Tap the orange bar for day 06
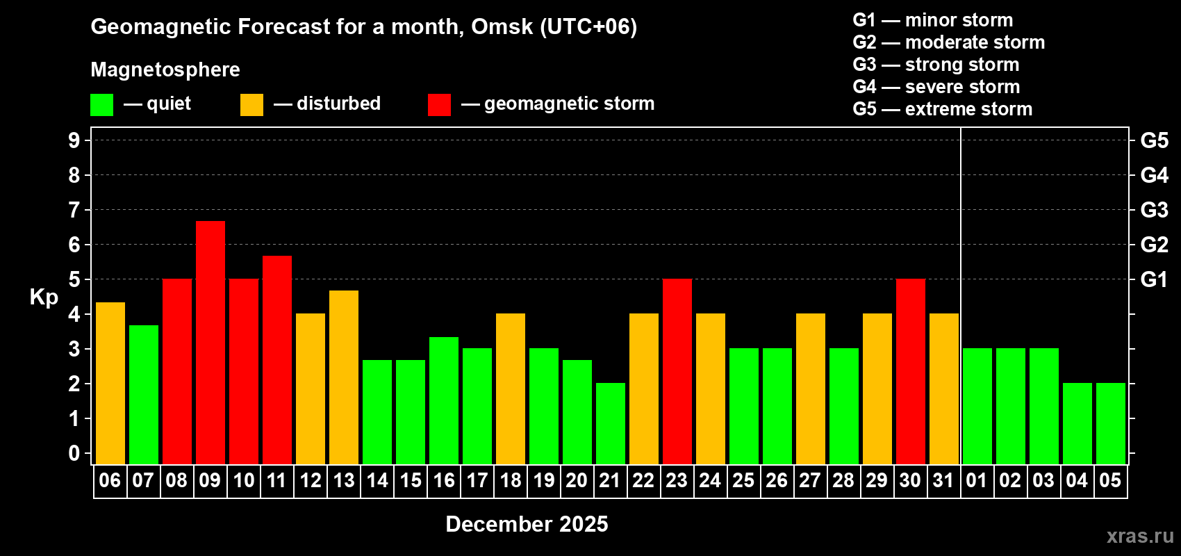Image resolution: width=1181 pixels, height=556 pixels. click(110, 383)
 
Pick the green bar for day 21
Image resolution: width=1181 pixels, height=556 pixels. click(610, 423)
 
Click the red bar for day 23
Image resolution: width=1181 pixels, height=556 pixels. click(677, 371)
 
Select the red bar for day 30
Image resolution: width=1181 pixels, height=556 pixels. click(910, 371)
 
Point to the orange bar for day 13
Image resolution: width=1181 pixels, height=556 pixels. click(343, 377)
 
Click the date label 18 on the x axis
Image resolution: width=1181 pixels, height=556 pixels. click(511, 480)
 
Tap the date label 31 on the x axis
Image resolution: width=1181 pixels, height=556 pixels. click(943, 480)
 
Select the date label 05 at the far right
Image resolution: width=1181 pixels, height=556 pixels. click(1110, 480)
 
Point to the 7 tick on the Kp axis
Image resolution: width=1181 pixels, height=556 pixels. click(74, 210)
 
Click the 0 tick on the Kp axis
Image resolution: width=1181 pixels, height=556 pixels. click(74, 453)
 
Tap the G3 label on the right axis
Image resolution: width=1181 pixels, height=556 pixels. click(1154, 210)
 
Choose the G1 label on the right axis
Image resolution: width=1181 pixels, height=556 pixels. click(1154, 279)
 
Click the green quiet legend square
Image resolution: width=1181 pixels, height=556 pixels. click(101, 105)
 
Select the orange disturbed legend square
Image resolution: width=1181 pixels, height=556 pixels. click(251, 105)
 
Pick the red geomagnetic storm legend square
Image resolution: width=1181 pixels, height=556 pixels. click(439, 105)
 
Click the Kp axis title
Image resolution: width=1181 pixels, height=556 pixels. click(44, 297)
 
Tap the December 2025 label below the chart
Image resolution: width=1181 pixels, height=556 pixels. click(527, 524)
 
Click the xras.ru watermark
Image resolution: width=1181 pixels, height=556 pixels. click(1140, 536)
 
